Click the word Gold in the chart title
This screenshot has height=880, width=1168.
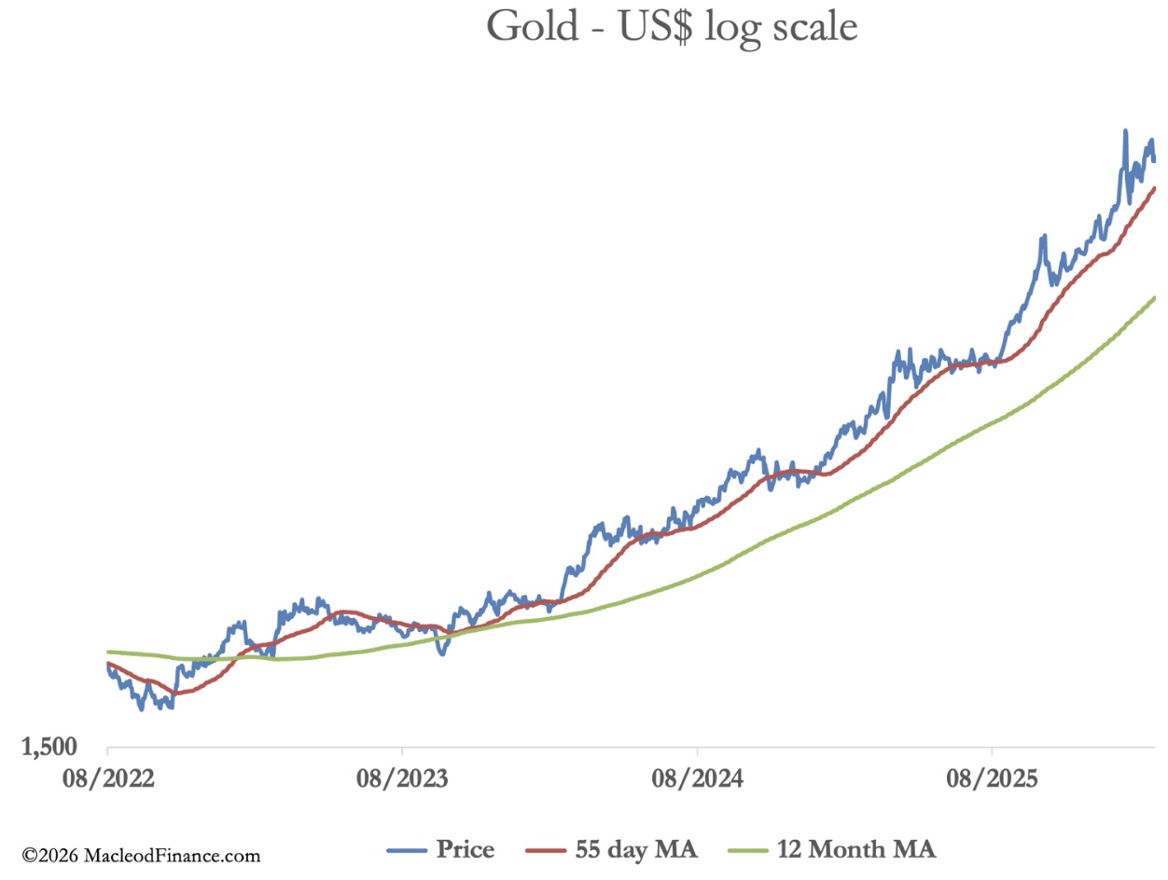(528, 28)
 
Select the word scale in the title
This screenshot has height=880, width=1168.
(810, 28)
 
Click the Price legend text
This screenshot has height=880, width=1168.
(465, 849)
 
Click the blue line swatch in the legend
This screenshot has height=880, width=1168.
(407, 850)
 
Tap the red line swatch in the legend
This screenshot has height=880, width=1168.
(544, 850)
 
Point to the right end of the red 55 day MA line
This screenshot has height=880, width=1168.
(1155, 188)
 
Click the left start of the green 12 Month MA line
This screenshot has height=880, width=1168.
(109, 652)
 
